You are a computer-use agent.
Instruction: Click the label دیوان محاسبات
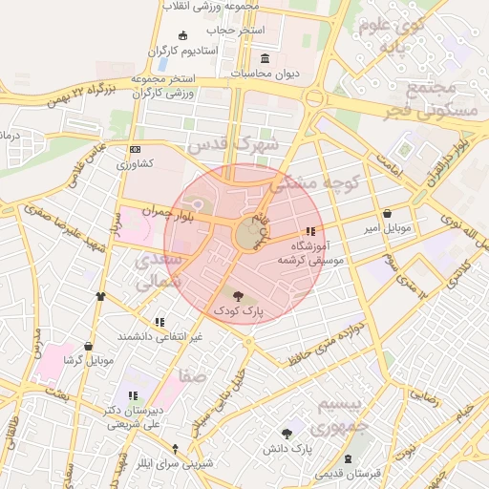pos(266,73)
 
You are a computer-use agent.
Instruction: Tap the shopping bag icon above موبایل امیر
pos(387,213)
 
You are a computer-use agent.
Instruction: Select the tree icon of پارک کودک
pos(238,296)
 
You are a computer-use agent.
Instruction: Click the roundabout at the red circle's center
pos(247,235)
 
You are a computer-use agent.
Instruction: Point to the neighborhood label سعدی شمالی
pos(155,270)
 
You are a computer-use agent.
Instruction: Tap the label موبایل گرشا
pos(88,360)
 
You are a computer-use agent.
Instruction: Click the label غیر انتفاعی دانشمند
pos(159,337)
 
